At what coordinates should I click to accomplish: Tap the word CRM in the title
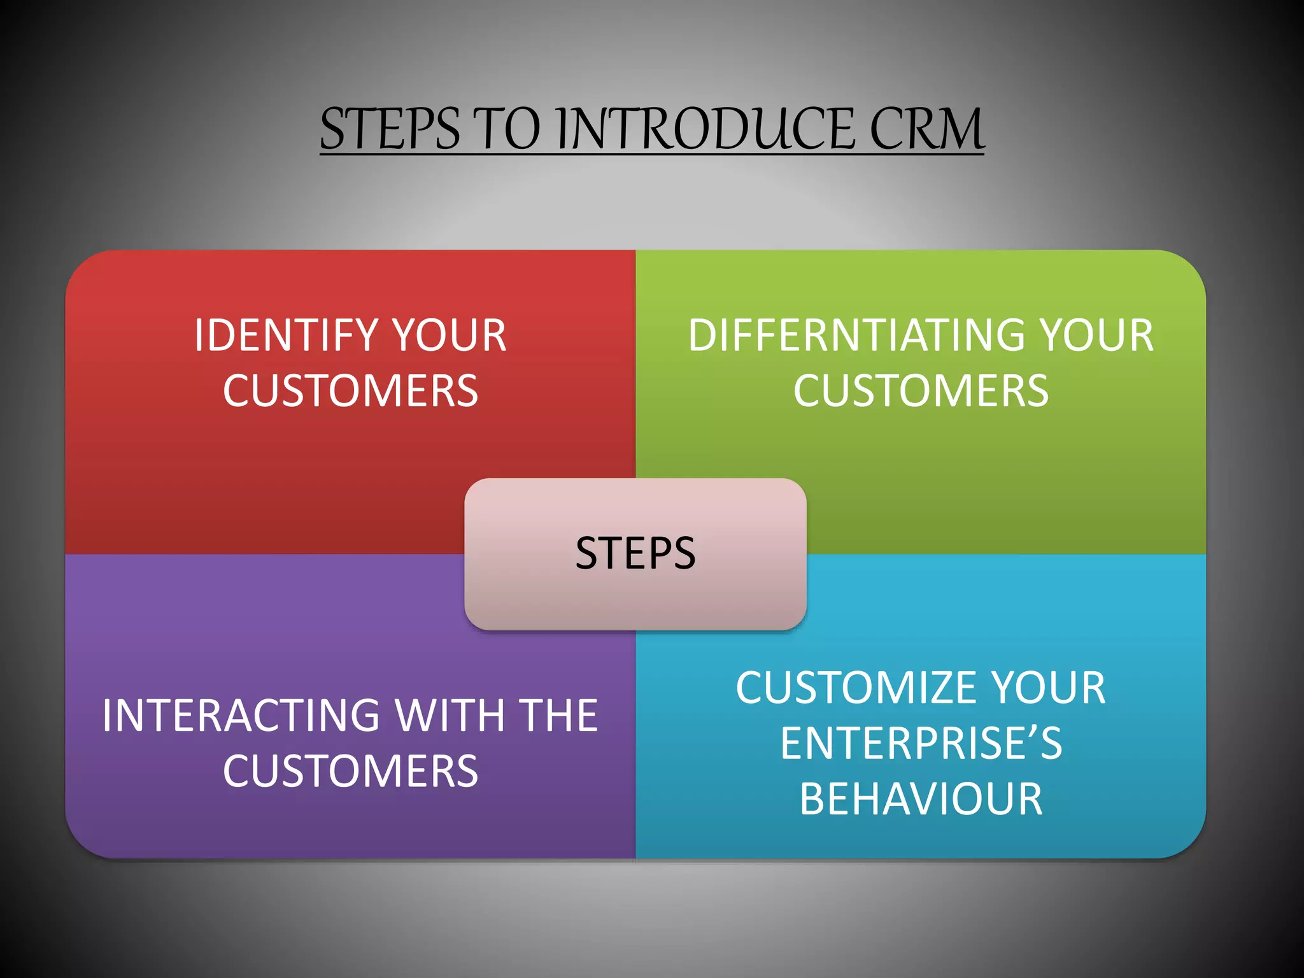click(926, 129)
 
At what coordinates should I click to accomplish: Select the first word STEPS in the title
click(389, 129)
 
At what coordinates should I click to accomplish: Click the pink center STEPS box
click(635, 553)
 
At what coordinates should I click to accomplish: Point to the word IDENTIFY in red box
click(286, 336)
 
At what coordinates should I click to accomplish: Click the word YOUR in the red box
click(448, 336)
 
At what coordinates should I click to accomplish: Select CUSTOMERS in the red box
click(350, 391)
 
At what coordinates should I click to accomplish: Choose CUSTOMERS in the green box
click(921, 391)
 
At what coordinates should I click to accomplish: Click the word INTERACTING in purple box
click(241, 716)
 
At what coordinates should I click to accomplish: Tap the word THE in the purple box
click(558, 716)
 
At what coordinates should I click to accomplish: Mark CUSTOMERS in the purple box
click(350, 771)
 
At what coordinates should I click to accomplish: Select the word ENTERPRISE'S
click(921, 744)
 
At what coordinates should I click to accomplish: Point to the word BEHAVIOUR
click(921, 799)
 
